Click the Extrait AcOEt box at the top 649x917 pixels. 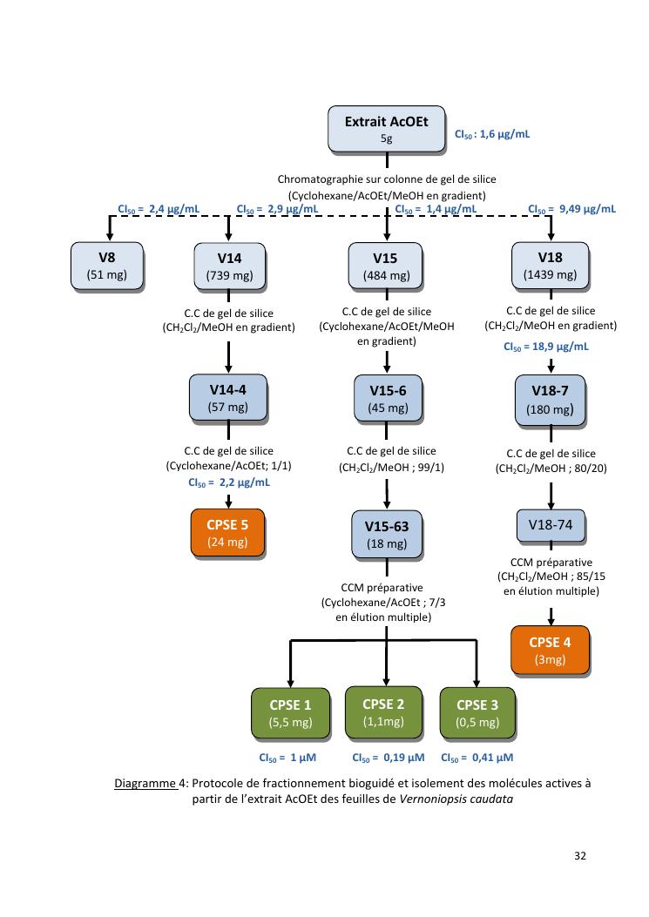(x=386, y=129)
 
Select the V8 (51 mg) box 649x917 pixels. (x=108, y=266)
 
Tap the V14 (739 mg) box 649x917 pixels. (x=229, y=266)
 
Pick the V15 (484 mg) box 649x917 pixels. (x=386, y=266)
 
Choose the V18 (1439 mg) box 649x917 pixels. (x=550, y=266)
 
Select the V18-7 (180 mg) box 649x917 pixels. (x=550, y=400)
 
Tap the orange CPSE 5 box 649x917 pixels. (x=227, y=533)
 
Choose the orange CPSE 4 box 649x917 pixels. (x=550, y=651)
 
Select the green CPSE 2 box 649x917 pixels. (x=383, y=712)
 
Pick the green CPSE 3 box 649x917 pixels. (x=477, y=713)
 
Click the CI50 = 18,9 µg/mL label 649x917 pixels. (x=546, y=346)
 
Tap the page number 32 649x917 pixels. (x=580, y=856)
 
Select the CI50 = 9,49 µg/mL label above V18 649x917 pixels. (x=571, y=209)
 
